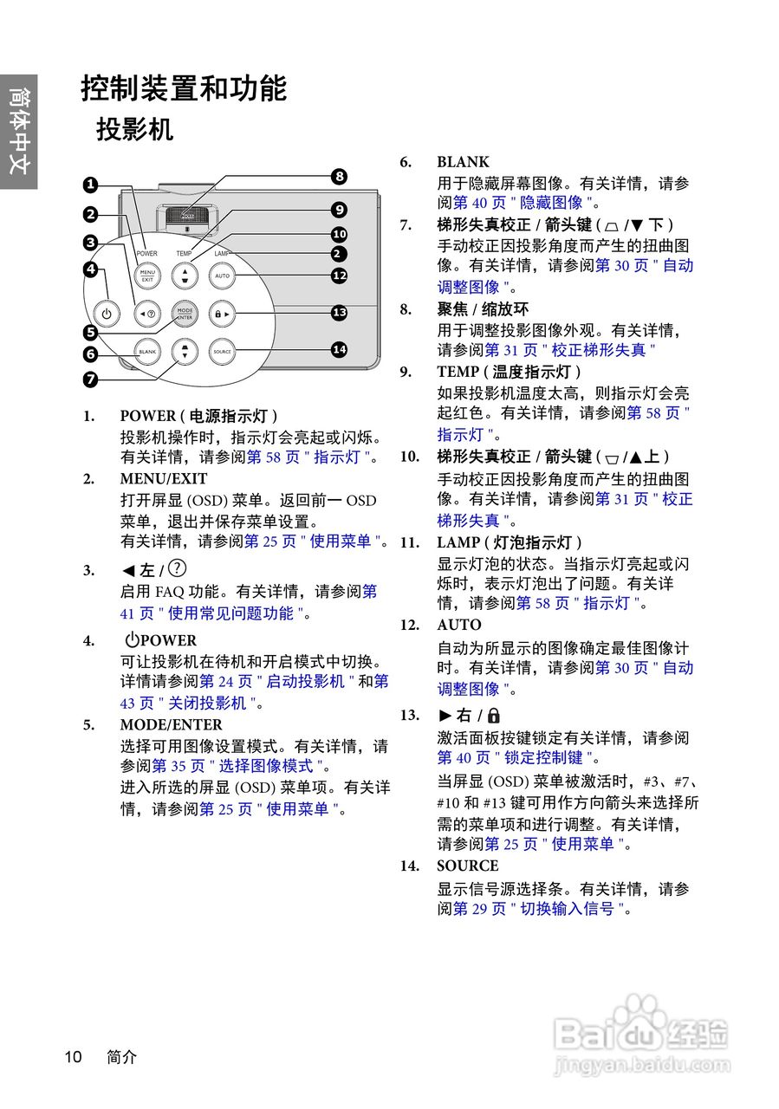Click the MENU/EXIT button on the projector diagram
click(x=146, y=276)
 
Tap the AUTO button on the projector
click(x=222, y=276)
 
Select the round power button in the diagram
click(x=107, y=314)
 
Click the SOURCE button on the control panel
click(x=222, y=352)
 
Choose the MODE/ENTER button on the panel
click(x=184, y=314)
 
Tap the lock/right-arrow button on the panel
click(x=222, y=314)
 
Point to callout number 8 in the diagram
click(x=339, y=177)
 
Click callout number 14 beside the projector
click(x=339, y=349)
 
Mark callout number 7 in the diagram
click(x=90, y=379)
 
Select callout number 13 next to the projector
click(x=339, y=313)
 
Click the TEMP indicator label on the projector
click(x=184, y=254)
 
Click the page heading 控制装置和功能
click(x=184, y=88)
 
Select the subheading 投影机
click(x=134, y=130)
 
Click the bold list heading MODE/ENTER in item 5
click(x=171, y=724)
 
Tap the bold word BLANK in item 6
click(x=463, y=162)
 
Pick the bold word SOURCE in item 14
click(x=467, y=866)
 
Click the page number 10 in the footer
click(x=73, y=1057)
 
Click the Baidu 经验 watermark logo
click(x=641, y=1034)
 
